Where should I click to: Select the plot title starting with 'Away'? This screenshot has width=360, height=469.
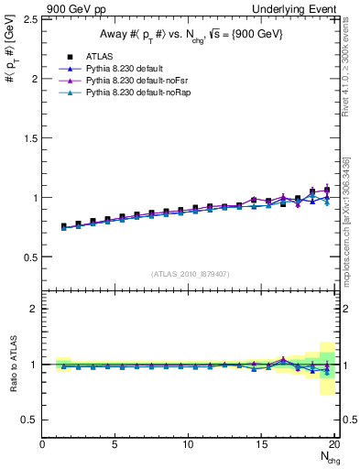[x=191, y=34]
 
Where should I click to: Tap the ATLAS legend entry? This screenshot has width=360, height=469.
[x=97, y=56]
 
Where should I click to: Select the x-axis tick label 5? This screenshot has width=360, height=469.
[x=115, y=444]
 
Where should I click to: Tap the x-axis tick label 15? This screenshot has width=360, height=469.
[x=262, y=444]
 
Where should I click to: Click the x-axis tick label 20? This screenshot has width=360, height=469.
[x=335, y=444]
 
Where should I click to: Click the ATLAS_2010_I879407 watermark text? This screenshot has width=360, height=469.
[x=190, y=273]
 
